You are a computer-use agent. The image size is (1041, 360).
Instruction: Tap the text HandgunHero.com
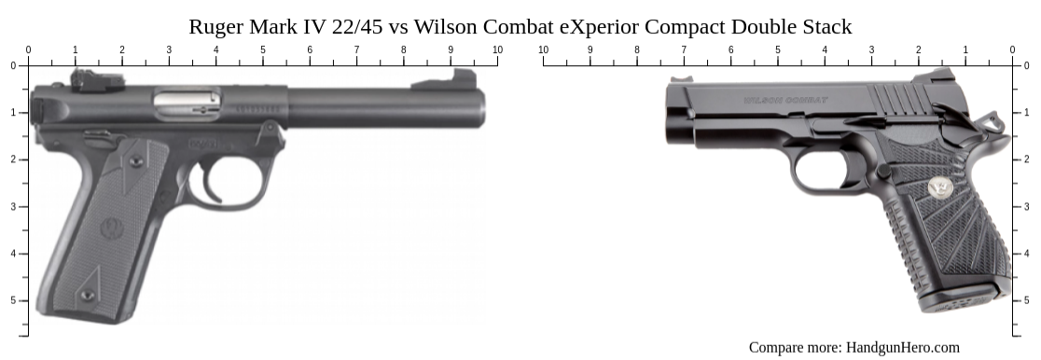tap(902, 348)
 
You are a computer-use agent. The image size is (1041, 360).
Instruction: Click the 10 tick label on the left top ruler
tap(497, 49)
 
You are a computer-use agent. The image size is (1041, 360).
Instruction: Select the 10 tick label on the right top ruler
tap(543, 49)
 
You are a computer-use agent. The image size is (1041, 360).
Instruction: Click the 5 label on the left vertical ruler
tap(13, 300)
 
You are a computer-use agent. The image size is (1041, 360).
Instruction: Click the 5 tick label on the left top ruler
tap(262, 49)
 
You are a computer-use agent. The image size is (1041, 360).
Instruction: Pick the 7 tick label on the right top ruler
tap(684, 49)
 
